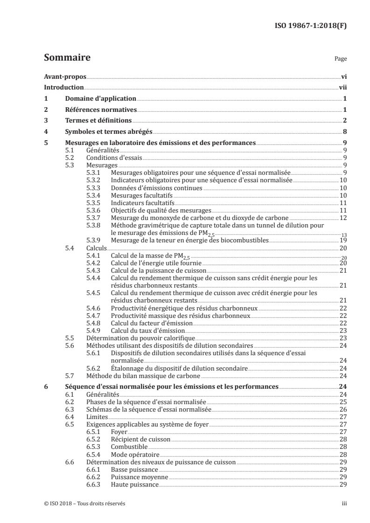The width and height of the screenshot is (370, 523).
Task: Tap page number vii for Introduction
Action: pyautogui.click(x=342, y=88)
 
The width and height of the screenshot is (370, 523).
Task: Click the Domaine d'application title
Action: pyautogui.click(x=100, y=99)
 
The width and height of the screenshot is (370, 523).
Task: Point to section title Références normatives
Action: pyautogui.click(x=101, y=110)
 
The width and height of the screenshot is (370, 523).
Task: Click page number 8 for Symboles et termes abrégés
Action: pyautogui.click(x=344, y=132)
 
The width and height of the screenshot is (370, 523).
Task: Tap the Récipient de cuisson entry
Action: pyautogui.click(x=140, y=439)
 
